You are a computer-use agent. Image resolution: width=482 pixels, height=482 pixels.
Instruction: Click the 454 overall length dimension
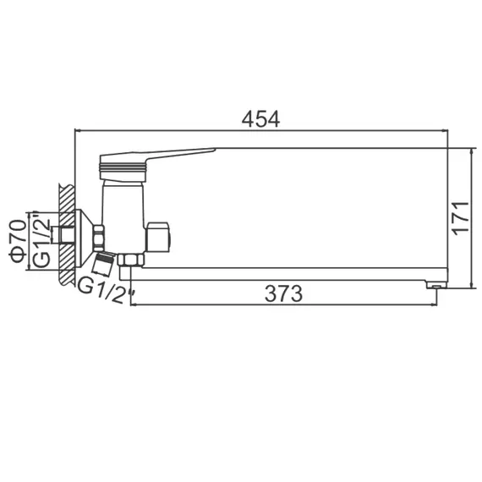(261, 119)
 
